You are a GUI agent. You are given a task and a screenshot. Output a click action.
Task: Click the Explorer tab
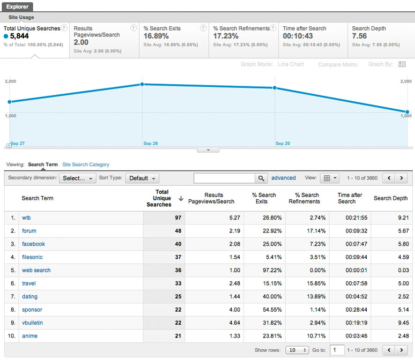[x=17, y=7]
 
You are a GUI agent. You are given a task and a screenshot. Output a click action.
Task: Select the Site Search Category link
[x=86, y=165]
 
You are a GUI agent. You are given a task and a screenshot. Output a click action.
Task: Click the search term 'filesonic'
[x=32, y=257]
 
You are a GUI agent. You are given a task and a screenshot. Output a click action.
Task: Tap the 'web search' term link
[x=36, y=270]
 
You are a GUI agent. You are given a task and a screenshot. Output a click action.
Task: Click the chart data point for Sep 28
[x=142, y=84]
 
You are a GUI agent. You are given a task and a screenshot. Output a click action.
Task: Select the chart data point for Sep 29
[x=274, y=88]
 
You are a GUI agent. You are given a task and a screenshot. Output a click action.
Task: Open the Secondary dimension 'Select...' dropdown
[x=78, y=178]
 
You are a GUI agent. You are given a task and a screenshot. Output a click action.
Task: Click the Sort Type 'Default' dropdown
[x=142, y=178]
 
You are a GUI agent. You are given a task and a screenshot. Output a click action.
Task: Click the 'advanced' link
[x=283, y=178]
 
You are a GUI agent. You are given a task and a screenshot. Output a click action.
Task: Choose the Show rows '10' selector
[x=298, y=350]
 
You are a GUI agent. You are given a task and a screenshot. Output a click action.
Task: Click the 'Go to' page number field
[x=336, y=350]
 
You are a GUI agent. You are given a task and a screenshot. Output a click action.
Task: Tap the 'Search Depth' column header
[x=390, y=198]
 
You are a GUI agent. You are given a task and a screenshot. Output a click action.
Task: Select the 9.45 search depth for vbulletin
[x=402, y=322]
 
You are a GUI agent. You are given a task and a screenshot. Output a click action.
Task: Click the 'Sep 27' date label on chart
[x=18, y=143]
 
